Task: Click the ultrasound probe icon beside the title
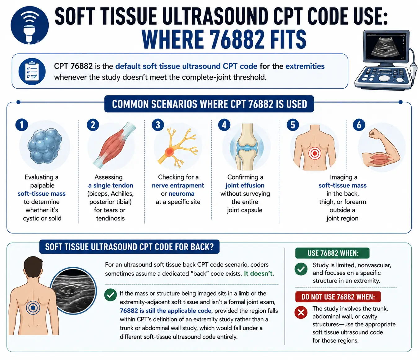click(30, 25)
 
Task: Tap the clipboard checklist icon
click(32, 71)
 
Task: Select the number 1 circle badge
click(22, 125)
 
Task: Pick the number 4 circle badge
click(224, 125)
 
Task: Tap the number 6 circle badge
click(359, 125)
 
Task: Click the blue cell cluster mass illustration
click(45, 146)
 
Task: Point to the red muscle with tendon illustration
click(115, 145)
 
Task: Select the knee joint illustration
click(247, 147)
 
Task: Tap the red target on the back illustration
click(315, 153)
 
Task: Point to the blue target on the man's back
click(33, 308)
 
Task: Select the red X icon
click(301, 312)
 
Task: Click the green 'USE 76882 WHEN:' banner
click(332, 253)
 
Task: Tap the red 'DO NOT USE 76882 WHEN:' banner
click(338, 296)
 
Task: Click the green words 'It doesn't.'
click(259, 273)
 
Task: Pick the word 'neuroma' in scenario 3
click(181, 194)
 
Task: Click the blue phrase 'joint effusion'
click(245, 185)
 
